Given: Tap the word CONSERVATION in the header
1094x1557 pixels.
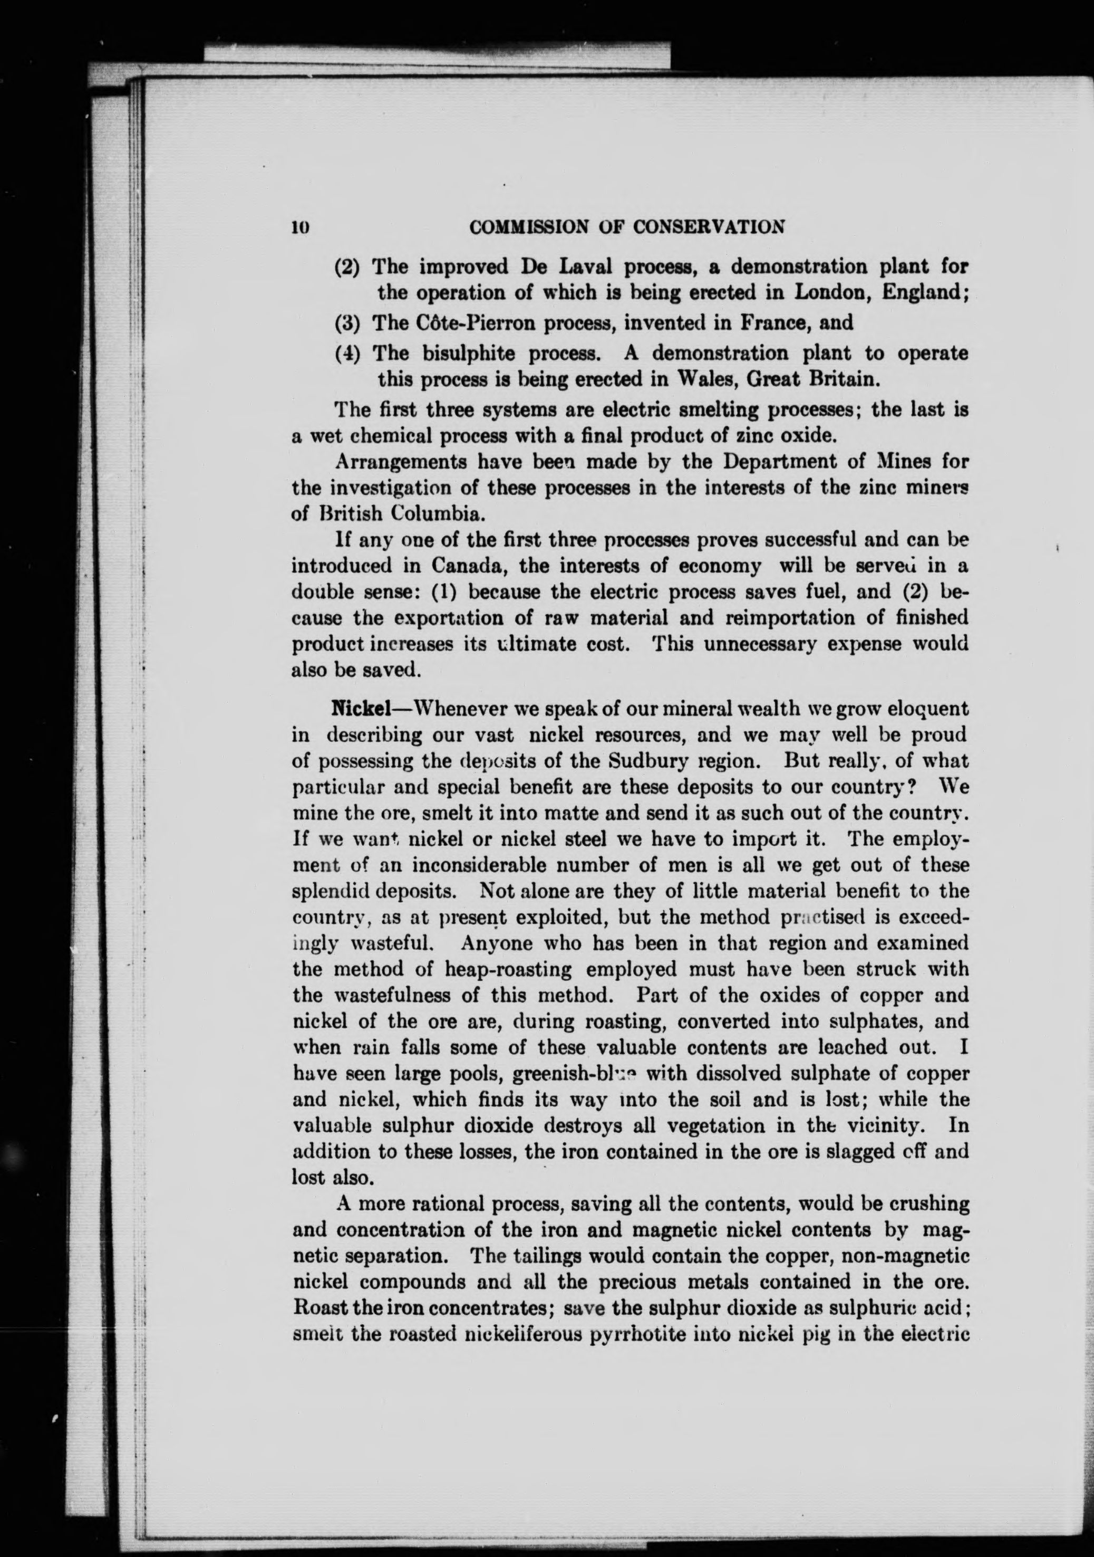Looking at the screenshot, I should (709, 226).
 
